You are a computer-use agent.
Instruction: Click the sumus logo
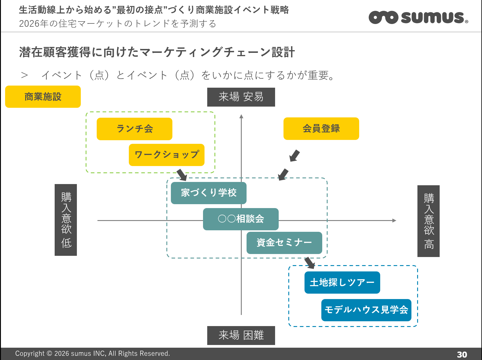click(418, 17)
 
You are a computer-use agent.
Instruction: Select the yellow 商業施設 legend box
click(43, 97)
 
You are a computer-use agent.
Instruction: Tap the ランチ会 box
click(135, 129)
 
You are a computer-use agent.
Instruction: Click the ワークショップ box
click(167, 155)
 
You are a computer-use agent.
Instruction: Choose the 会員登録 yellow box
click(321, 129)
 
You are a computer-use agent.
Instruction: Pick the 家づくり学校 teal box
click(208, 193)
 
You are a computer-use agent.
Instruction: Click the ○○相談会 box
click(241, 219)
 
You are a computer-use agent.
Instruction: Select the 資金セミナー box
click(284, 243)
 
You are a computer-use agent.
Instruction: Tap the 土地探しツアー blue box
click(342, 283)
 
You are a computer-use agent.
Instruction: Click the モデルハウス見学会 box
click(366, 310)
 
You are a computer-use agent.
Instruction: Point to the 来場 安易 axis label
click(241, 97)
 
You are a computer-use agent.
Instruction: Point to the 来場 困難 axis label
click(241, 335)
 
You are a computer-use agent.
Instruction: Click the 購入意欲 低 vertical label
click(66, 220)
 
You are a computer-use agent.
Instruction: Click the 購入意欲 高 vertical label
click(428, 221)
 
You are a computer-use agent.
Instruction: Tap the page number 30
click(462, 355)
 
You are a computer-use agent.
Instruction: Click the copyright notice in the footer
click(92, 354)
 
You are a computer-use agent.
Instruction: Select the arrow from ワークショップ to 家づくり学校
click(182, 175)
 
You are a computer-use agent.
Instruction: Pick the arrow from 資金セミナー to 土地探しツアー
click(310, 263)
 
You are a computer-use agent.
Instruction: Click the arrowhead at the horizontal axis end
click(394, 220)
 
